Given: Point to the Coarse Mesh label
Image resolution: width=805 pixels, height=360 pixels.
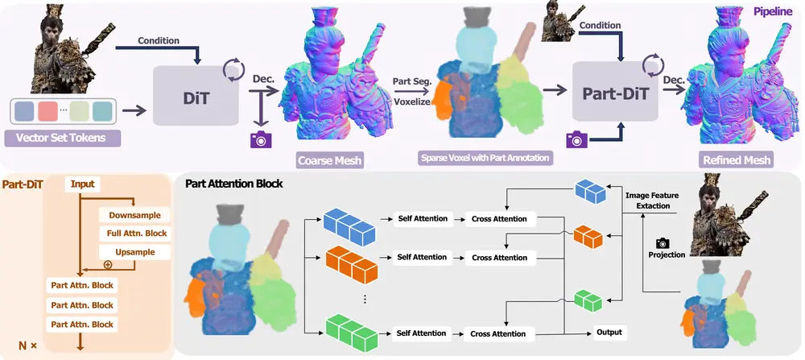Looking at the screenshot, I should pyautogui.click(x=330, y=160).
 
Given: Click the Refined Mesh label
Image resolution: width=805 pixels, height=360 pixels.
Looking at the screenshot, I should pyautogui.click(x=736, y=159).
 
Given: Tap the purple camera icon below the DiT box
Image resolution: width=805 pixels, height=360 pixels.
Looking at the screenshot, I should pyautogui.click(x=260, y=139).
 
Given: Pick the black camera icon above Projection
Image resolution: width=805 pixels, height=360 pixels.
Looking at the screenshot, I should pyautogui.click(x=663, y=242).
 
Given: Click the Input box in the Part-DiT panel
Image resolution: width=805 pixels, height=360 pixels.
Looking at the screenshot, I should pyautogui.click(x=82, y=184).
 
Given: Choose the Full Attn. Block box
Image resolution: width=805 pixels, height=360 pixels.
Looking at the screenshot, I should pyautogui.click(x=137, y=234).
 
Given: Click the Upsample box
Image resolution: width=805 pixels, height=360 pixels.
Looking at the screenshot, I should pyautogui.click(x=135, y=252).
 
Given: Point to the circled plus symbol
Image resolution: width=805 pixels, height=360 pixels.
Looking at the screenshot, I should pyautogui.click(x=107, y=264).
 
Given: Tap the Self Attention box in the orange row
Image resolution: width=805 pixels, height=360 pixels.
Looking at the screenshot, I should pyautogui.click(x=422, y=257).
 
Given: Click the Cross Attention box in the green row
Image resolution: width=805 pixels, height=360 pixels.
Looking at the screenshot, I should pyautogui.click(x=499, y=333).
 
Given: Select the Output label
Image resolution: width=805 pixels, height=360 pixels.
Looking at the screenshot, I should pyautogui.click(x=610, y=332).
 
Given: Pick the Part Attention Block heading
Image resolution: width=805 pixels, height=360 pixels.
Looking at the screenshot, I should pyautogui.click(x=233, y=184).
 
